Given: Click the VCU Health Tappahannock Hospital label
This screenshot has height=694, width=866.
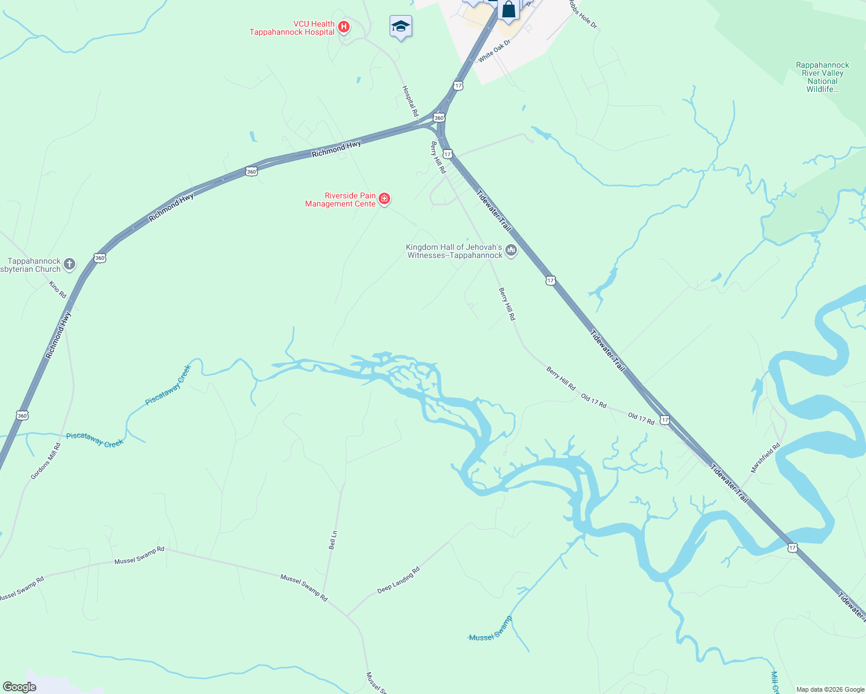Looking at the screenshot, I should click(x=292, y=28).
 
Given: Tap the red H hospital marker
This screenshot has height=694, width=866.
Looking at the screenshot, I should click(x=344, y=27).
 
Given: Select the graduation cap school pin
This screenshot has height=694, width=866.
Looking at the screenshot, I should click(x=401, y=27).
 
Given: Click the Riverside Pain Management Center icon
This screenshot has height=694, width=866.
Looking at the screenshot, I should click(x=384, y=200).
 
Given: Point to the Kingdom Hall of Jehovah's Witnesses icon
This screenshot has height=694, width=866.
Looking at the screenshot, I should click(x=511, y=250).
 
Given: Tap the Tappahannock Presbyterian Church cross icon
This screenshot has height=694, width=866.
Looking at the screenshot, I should click(x=69, y=264).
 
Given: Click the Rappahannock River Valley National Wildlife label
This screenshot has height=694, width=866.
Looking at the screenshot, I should click(x=822, y=77).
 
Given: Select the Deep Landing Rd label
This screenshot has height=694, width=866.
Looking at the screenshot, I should click(x=398, y=580).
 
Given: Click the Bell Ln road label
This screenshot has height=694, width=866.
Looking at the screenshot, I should click(x=333, y=540).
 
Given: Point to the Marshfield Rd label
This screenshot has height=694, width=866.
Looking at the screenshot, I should click(x=765, y=458).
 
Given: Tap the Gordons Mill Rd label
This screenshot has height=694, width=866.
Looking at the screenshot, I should click(x=46, y=462).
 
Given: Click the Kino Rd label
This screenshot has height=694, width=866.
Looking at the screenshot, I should click(x=58, y=290).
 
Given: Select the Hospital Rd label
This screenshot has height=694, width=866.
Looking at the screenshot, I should click(x=410, y=101).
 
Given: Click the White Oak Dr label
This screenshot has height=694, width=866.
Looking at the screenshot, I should click(x=494, y=51).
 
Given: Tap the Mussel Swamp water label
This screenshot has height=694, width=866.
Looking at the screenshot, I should click(x=490, y=629).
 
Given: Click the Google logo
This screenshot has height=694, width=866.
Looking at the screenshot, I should click(x=19, y=687).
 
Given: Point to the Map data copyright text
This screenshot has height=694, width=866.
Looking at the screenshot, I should click(x=830, y=689).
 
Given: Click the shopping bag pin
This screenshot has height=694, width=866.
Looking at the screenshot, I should click(x=508, y=10).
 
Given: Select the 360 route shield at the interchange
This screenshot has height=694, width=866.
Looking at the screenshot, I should click(x=439, y=118).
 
